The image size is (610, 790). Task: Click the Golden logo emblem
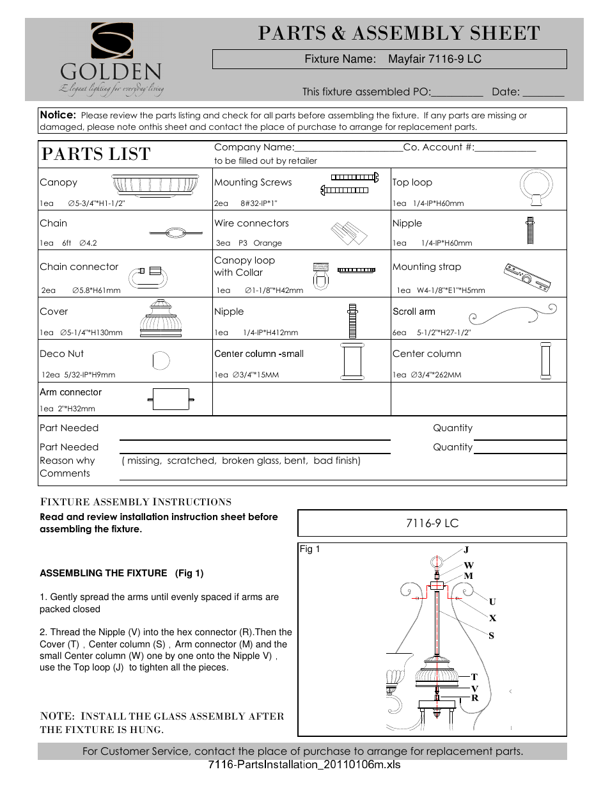(x=112, y=41)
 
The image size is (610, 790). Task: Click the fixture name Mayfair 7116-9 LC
(x=435, y=59)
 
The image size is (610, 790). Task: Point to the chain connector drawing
(x=148, y=277)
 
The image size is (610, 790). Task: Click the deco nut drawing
(x=161, y=361)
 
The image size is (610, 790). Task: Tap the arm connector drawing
(x=170, y=399)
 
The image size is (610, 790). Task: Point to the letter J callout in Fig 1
(x=466, y=549)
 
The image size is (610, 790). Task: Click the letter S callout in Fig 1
(x=492, y=635)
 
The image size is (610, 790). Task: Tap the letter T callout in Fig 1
(x=474, y=676)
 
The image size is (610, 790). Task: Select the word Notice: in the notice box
(x=58, y=115)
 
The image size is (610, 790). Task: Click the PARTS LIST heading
(x=96, y=154)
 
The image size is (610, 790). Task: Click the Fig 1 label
(x=310, y=549)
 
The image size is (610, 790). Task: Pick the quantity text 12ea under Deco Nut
(x=51, y=375)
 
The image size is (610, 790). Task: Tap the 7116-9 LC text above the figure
(x=432, y=523)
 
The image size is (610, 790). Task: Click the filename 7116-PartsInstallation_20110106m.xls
(x=304, y=765)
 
